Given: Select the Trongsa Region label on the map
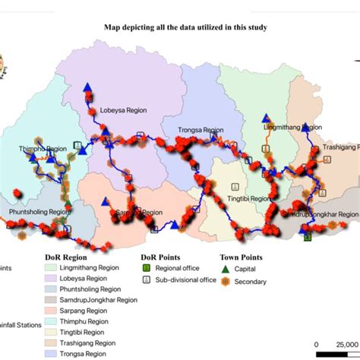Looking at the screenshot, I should [x=199, y=130].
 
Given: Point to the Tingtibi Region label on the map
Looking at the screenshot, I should [x=246, y=198].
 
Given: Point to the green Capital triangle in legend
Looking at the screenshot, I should [x=225, y=268].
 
